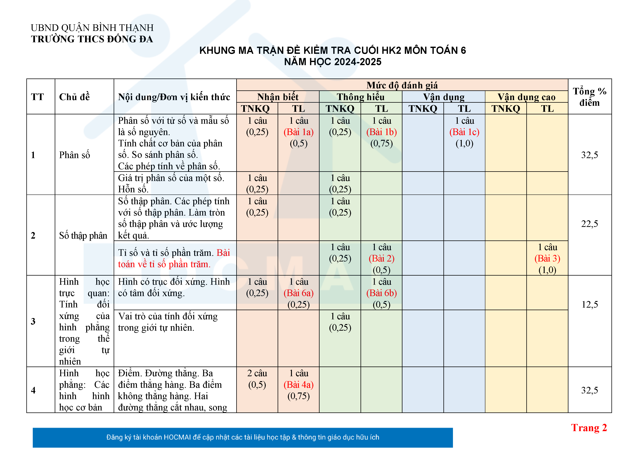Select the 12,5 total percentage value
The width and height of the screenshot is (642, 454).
click(x=589, y=304)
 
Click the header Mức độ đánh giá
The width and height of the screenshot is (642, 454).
click(x=402, y=85)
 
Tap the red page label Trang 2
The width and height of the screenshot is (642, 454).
click(x=589, y=428)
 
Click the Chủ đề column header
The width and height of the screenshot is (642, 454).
click(x=74, y=97)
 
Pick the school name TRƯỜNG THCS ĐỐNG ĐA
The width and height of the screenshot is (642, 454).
click(x=92, y=39)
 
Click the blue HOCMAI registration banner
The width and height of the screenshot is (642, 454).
click(x=242, y=437)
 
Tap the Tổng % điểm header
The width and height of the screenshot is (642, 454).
click(x=589, y=97)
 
